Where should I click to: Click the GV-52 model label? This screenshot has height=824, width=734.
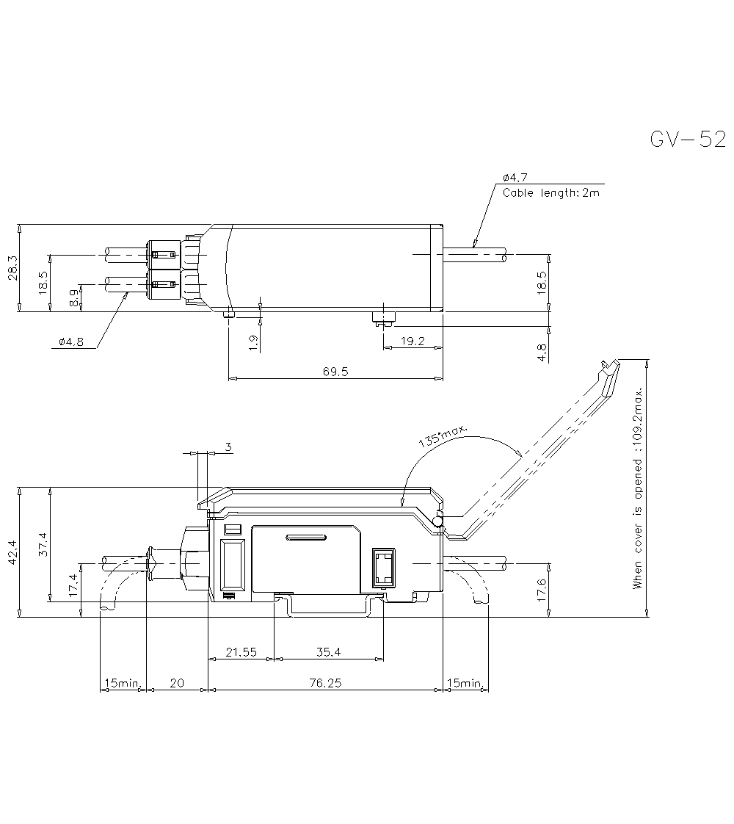[688, 140]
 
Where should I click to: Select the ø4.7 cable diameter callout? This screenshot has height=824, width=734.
[515, 178]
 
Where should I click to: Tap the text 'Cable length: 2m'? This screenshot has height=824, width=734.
[550, 193]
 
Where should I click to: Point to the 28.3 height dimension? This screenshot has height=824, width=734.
[12, 268]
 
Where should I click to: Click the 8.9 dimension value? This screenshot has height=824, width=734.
[74, 298]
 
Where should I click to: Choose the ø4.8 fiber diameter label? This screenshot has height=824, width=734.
[71, 342]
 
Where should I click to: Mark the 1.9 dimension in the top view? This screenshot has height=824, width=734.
[252, 343]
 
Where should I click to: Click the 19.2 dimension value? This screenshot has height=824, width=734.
[413, 341]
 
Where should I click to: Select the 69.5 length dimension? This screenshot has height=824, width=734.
[335, 372]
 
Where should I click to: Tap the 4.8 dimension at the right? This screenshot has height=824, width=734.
[542, 353]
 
